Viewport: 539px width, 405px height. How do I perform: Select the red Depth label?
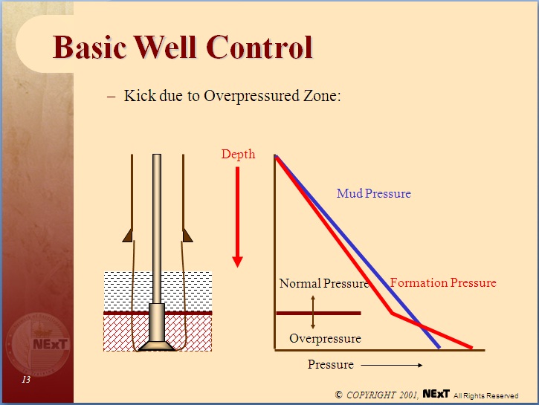coord(238,155)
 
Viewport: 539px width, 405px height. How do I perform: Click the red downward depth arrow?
coord(238,216)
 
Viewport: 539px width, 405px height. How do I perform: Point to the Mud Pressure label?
coord(373,193)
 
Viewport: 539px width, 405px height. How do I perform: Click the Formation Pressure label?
coord(443,282)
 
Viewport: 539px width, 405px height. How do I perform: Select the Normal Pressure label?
coord(323,283)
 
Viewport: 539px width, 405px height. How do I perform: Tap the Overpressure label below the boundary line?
coord(325,338)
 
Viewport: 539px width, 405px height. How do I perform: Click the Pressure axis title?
coord(331,365)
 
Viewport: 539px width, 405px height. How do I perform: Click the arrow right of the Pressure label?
coord(392,365)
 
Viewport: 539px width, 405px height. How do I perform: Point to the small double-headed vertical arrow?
coord(313,312)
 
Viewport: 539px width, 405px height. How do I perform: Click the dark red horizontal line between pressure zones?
coord(318,314)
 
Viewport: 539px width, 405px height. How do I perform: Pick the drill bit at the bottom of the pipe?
coord(157,345)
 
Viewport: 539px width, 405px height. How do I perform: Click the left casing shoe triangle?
coord(129,235)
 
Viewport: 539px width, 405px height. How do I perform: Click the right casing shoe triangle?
coord(187,235)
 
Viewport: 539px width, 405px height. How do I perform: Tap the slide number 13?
coord(26,380)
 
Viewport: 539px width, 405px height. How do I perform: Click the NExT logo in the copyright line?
coord(435,393)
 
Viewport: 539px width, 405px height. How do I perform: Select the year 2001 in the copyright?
coord(405,395)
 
